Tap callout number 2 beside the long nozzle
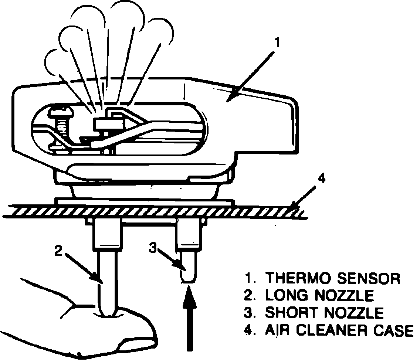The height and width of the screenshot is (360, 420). coord(58,251)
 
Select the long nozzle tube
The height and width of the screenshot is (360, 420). coord(108,281)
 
